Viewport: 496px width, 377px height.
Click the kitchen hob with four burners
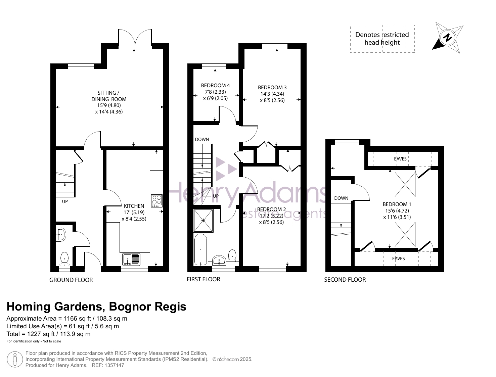[156, 201]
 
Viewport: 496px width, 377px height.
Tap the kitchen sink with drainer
[131, 259]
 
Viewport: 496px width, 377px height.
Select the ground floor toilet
[64, 258]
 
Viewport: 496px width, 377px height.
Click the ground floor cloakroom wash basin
[61, 235]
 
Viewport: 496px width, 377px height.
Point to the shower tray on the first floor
[204, 221]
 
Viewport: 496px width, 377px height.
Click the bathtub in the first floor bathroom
[200, 249]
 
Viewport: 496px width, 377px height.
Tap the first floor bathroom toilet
[232, 255]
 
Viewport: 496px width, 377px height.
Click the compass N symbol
[447, 38]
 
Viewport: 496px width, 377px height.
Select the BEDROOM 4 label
[215, 85]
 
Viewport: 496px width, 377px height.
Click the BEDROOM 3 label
[272, 87]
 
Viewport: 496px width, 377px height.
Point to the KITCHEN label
[134, 206]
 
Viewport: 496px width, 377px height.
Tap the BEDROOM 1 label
[397, 204]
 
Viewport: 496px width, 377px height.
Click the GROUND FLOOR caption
[71, 280]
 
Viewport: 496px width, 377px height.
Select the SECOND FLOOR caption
[345, 280]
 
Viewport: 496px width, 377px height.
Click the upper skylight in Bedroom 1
[405, 184]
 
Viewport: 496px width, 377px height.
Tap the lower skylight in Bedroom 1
[405, 234]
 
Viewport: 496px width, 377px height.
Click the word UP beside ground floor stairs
[65, 201]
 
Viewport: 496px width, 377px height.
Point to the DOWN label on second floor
[341, 198]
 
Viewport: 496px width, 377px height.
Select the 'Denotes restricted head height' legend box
[382, 39]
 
